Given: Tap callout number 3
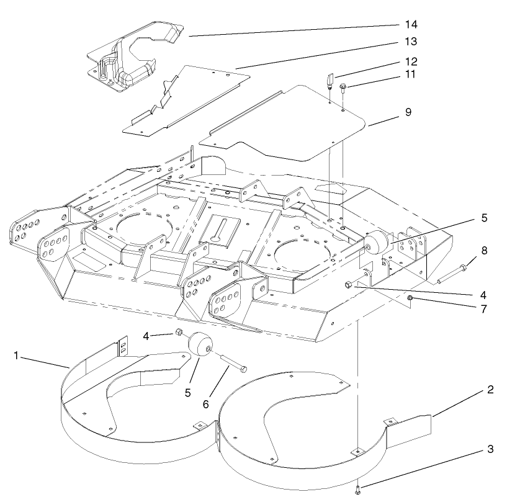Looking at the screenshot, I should point(490,448).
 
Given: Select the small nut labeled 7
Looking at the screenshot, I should point(410,299).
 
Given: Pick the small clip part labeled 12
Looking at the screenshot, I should point(330,81).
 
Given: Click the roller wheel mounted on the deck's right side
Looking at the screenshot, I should point(375,244).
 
